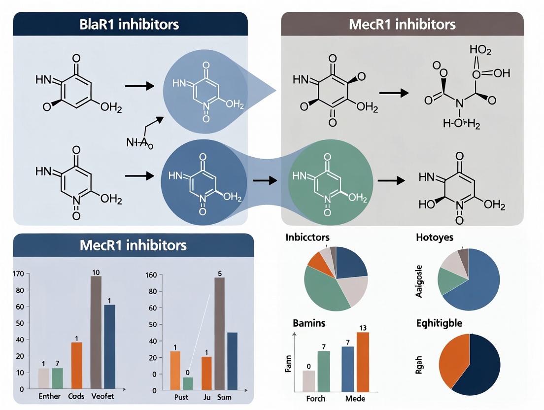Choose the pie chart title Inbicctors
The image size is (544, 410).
tap(307, 238)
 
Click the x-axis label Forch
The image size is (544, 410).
tap(315, 398)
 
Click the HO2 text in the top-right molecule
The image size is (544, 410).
tap(480, 50)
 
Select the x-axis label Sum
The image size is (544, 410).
tap(224, 397)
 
